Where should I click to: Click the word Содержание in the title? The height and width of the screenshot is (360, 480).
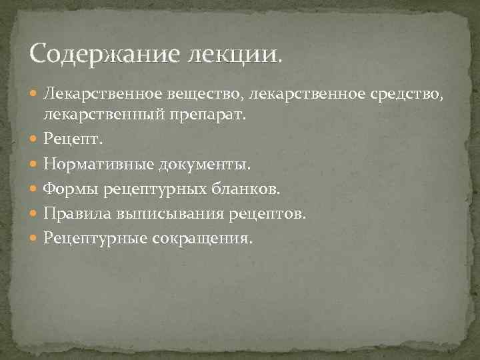pos(89,52)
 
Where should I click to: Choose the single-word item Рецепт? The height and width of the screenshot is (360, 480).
pos(70,139)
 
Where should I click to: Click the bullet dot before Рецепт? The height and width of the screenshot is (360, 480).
pos(35,140)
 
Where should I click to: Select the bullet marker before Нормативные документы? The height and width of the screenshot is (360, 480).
pos(35,165)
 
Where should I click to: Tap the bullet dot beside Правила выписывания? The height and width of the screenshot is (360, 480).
pos(35,214)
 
